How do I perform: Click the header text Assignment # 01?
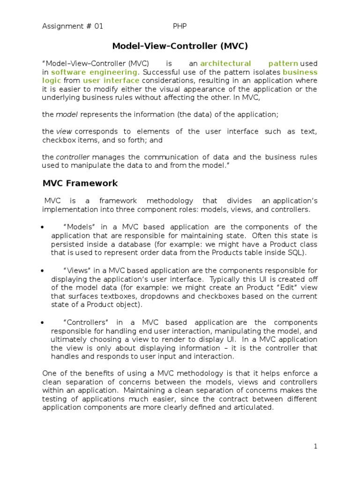[73, 27]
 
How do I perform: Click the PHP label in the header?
[180, 27]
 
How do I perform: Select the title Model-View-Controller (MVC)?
[180, 46]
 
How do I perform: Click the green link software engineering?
[94, 72]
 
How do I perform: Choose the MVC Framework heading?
[80, 183]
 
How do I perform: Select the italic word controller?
[73, 157]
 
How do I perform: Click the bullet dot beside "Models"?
[43, 227]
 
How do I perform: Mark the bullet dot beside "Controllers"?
[43, 323]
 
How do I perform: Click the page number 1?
[316, 446]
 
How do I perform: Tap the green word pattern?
[283, 63]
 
